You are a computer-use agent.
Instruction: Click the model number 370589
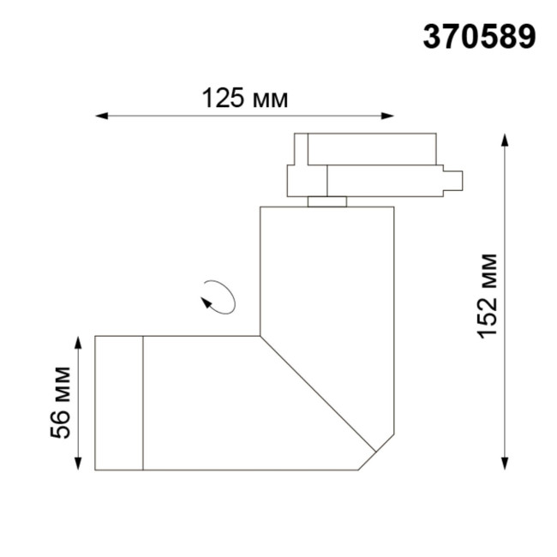[479, 37]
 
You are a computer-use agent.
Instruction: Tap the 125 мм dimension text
[244, 98]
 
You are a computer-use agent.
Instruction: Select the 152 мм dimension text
[488, 296]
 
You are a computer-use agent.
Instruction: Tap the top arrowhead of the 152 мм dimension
[506, 140]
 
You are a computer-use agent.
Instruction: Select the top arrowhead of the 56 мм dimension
[78, 342]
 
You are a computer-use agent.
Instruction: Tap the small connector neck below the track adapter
[327, 201]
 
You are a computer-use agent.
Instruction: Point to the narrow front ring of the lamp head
[118, 403]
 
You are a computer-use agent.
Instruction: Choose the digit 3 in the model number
[432, 37]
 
